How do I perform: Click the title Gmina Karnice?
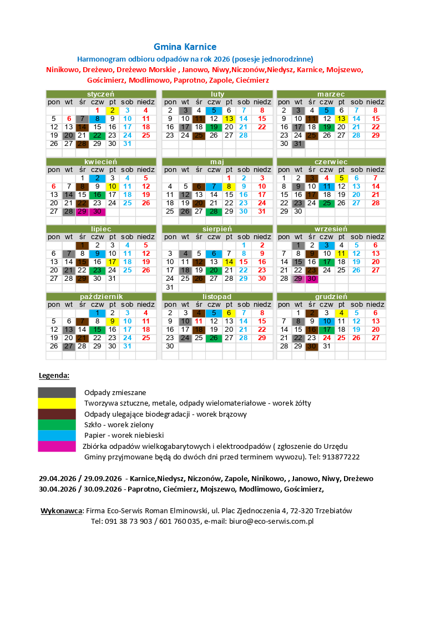(185, 47)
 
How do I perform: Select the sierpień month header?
(217, 229)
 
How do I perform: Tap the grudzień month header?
(331, 296)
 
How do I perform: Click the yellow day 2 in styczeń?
(112, 110)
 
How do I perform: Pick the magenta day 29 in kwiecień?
(82, 211)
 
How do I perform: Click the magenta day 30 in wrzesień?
(311, 279)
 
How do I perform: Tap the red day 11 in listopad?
(199, 321)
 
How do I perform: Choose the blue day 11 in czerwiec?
(327, 186)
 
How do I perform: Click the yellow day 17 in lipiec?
(112, 262)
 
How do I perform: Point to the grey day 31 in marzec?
(298, 144)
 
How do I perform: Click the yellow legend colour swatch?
(57, 403)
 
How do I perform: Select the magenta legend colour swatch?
(57, 446)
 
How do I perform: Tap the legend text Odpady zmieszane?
(115, 393)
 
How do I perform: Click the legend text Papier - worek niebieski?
(124, 436)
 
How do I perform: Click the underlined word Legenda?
(54, 376)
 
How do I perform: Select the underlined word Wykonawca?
(62, 511)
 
